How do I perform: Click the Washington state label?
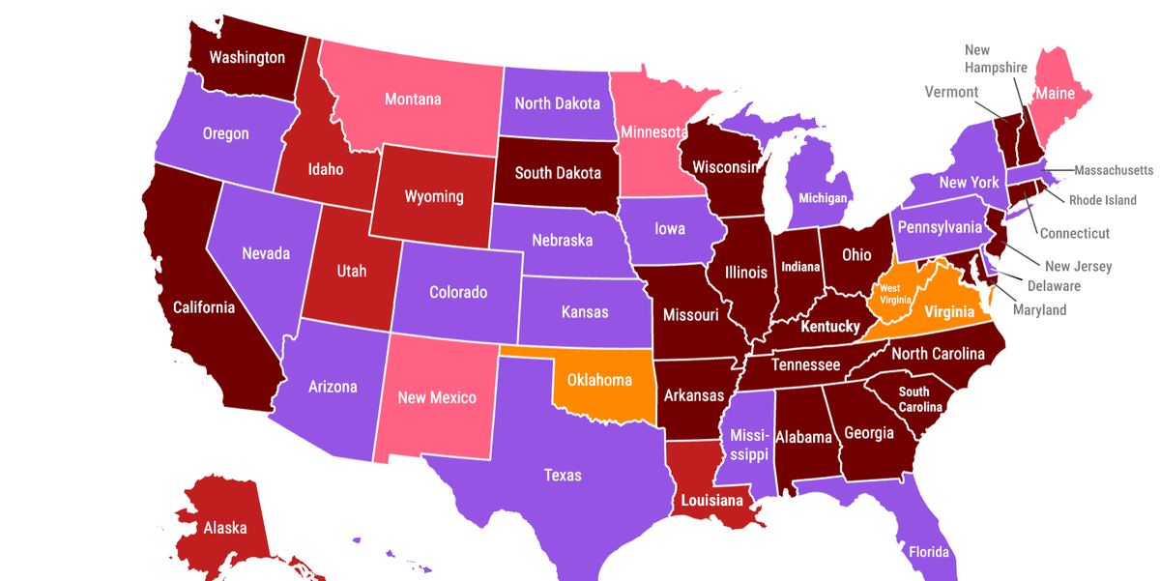(247, 57)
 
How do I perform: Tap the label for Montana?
(413, 99)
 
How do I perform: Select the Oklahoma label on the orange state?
(599, 380)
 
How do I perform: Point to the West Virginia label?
(889, 294)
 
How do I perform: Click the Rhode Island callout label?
(1102, 200)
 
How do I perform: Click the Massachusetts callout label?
(1114, 170)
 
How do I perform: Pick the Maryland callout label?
(1039, 310)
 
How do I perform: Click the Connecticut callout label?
(1074, 233)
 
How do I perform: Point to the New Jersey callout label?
(1078, 266)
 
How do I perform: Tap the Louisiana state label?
(711, 500)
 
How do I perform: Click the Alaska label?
(224, 528)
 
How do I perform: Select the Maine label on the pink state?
(1057, 94)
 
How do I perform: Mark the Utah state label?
(352, 271)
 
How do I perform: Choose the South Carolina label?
(913, 398)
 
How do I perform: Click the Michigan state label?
(823, 198)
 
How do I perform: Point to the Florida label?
(928, 552)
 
